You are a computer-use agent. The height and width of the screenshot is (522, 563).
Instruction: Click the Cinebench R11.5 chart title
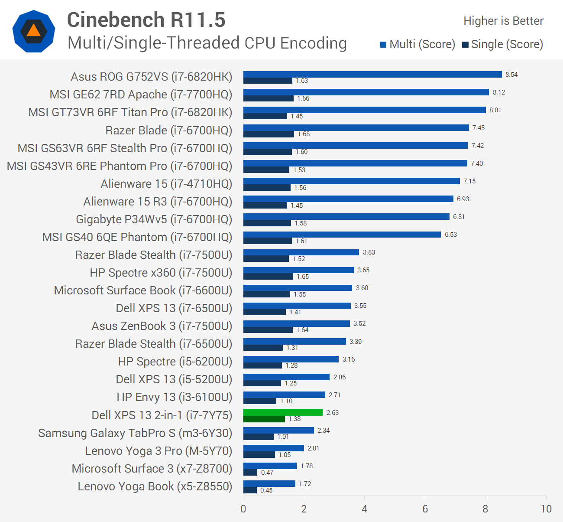(x=146, y=20)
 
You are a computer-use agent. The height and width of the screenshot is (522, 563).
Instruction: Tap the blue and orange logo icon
(x=34, y=31)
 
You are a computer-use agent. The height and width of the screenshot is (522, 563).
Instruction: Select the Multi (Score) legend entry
(x=417, y=44)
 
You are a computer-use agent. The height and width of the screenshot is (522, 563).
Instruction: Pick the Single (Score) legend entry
(x=502, y=44)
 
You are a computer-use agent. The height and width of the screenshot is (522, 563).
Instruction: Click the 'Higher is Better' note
(x=503, y=21)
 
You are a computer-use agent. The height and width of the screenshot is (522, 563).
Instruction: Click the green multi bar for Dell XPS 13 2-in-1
(x=283, y=412)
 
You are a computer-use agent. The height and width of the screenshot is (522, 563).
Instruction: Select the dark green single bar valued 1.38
(x=264, y=419)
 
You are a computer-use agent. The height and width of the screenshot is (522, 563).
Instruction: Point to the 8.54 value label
(x=511, y=75)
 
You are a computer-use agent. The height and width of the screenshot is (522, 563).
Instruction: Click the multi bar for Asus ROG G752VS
(x=372, y=75)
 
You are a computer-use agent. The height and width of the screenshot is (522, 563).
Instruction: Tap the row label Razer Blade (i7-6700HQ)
(x=168, y=130)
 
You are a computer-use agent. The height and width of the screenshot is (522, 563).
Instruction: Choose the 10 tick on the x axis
(x=546, y=509)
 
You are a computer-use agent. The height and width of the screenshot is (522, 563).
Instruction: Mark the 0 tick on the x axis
(x=243, y=509)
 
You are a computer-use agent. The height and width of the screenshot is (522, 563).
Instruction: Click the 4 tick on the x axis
(x=365, y=509)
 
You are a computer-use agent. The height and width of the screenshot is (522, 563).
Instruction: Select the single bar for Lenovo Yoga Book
(x=250, y=490)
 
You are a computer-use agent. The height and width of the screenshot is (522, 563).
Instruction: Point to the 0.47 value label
(x=267, y=473)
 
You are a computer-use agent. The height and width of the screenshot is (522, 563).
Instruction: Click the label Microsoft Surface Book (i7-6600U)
(x=143, y=290)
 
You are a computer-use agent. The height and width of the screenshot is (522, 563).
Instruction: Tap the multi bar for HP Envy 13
(x=284, y=395)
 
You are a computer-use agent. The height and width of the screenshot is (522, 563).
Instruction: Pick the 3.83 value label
(x=369, y=252)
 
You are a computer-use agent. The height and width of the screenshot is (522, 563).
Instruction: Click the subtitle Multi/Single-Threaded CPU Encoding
(x=207, y=43)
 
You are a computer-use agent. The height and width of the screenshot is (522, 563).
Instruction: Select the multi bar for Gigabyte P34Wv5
(x=346, y=216)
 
